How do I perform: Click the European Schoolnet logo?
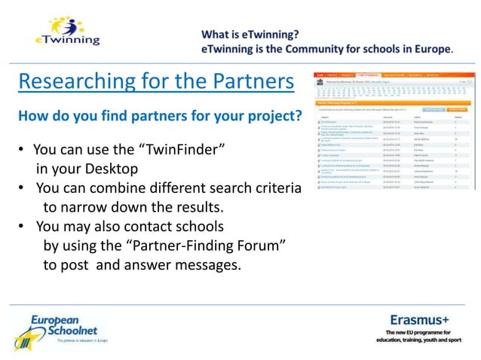pos(60,329)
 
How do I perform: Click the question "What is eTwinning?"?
pos(250,34)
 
